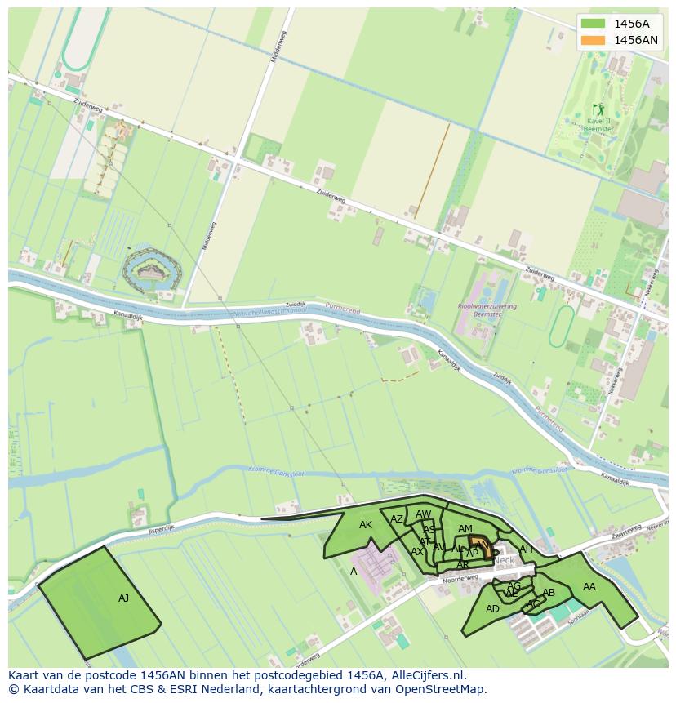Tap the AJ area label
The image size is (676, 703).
point(123,598)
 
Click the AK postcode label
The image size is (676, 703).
point(366,525)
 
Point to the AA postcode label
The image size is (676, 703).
point(589,586)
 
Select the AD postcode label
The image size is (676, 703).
point(492,609)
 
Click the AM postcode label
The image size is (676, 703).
point(465,529)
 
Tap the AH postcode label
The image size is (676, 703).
point(526,549)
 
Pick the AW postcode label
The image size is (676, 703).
point(423,514)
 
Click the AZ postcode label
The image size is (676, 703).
point(397,519)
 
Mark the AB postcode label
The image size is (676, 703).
point(549,593)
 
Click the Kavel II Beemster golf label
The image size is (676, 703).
point(599,125)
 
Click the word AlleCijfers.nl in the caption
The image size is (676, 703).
point(428,676)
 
